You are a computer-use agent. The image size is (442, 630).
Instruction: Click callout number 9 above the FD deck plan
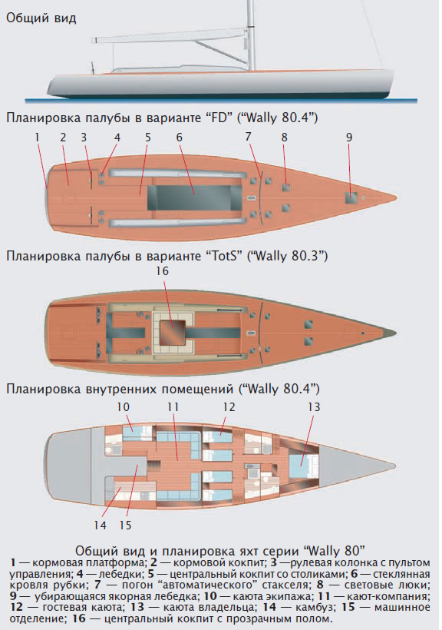(x=349, y=138)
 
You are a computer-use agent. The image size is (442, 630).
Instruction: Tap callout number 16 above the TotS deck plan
(x=162, y=271)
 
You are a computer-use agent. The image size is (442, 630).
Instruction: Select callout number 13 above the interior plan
(x=314, y=407)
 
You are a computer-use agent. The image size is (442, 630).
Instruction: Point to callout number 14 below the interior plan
(x=100, y=526)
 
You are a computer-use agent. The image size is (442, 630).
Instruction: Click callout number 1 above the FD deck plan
(x=38, y=138)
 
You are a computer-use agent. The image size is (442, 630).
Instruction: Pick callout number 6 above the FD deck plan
(x=179, y=138)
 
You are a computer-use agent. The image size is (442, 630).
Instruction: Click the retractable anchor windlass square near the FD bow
(x=351, y=198)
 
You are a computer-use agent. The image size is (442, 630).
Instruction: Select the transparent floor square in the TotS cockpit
(x=173, y=333)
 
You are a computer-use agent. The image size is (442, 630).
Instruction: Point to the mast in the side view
(x=251, y=35)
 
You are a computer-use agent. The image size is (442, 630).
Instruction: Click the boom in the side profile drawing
(x=170, y=40)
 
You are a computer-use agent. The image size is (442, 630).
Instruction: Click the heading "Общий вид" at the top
(x=41, y=18)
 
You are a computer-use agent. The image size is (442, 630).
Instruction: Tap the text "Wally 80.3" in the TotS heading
(x=287, y=256)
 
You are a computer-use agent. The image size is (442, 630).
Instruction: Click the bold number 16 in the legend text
(x=79, y=618)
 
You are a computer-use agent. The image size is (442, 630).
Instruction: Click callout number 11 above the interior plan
(x=173, y=407)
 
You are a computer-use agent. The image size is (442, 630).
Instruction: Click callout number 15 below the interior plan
(x=125, y=526)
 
